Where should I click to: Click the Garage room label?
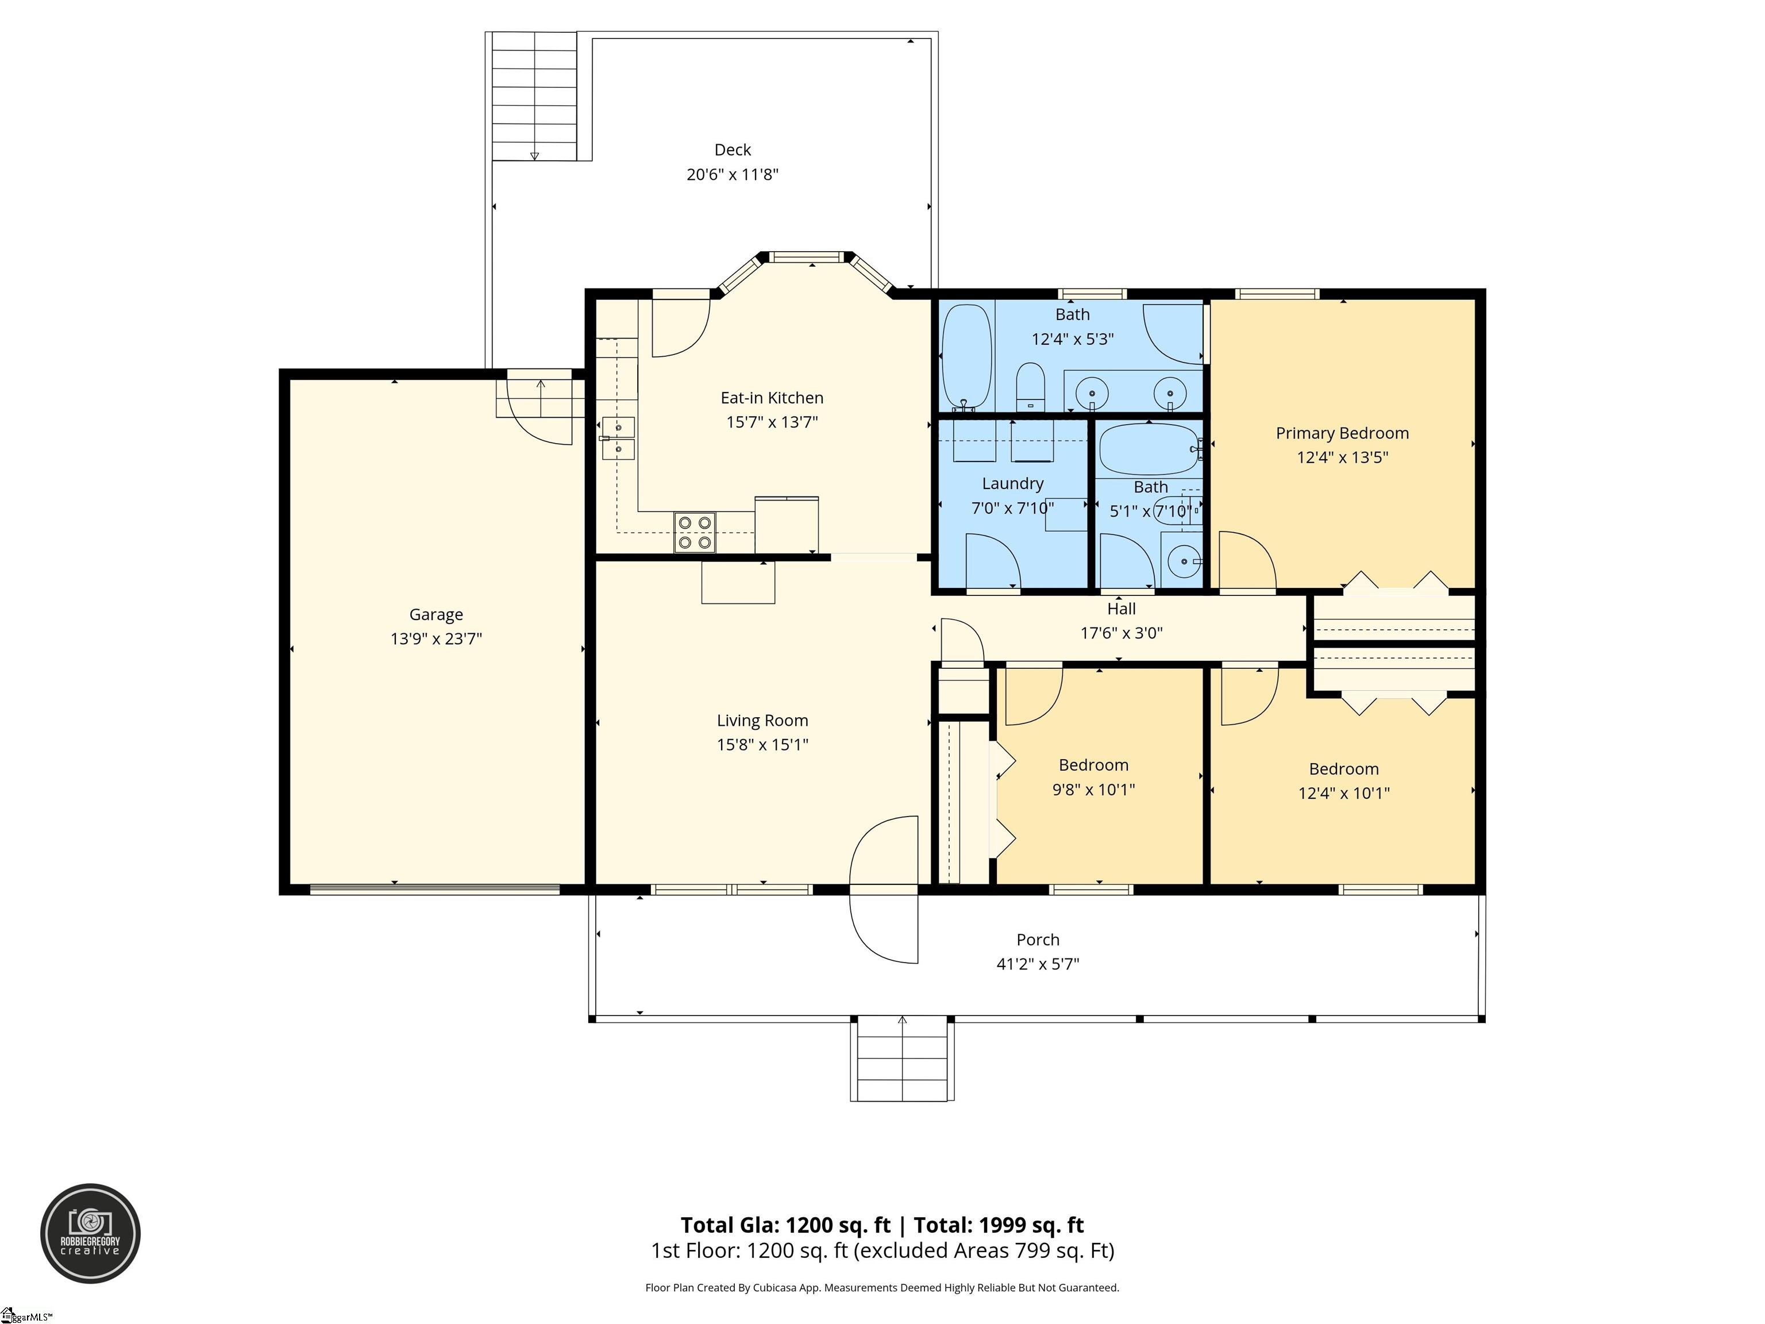point(436,614)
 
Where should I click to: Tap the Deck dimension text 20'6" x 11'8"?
point(733,174)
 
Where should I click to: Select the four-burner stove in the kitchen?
point(694,532)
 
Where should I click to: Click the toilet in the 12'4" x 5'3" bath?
point(1031,387)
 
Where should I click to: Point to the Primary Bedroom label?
point(1342,433)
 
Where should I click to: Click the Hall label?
point(1121,609)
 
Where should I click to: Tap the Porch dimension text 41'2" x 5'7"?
point(1037,964)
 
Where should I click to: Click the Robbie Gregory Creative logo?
point(91,1233)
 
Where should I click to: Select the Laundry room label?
point(1012,484)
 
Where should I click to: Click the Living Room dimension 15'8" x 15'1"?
point(762,745)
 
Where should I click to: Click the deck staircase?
point(534,96)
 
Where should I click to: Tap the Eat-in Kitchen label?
point(772,398)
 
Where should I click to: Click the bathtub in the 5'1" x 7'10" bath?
point(1150,449)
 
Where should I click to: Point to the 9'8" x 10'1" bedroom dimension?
point(1093,790)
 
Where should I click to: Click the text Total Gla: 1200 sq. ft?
point(785,1225)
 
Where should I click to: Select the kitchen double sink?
point(618,439)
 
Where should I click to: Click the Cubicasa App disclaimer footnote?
point(882,1287)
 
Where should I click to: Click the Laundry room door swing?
point(993,563)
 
